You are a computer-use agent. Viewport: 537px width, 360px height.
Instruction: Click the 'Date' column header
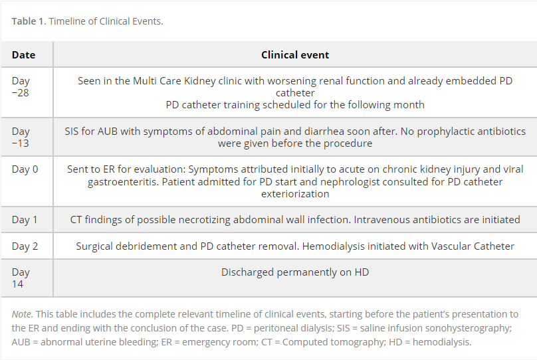point(23,54)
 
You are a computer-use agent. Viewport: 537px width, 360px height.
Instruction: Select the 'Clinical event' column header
point(295,54)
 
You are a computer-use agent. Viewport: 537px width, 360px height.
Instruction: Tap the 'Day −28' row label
point(21,86)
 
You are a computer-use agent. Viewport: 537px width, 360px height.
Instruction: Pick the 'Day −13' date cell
point(21,137)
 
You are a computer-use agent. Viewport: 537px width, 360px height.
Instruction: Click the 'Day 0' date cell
point(25,169)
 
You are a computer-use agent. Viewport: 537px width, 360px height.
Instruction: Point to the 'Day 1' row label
point(25,219)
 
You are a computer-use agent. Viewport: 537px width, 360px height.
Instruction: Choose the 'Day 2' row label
point(25,246)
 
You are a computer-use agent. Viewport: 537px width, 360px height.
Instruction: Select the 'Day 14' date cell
point(21,278)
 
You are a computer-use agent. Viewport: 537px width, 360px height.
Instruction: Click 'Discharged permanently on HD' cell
point(295,272)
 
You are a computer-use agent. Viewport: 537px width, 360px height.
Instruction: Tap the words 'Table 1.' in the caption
point(29,21)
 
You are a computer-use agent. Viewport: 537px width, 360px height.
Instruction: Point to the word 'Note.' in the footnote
point(22,314)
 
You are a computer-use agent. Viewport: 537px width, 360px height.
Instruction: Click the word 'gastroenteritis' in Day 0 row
point(123,181)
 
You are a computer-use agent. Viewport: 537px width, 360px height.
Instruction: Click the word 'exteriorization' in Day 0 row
point(295,194)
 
